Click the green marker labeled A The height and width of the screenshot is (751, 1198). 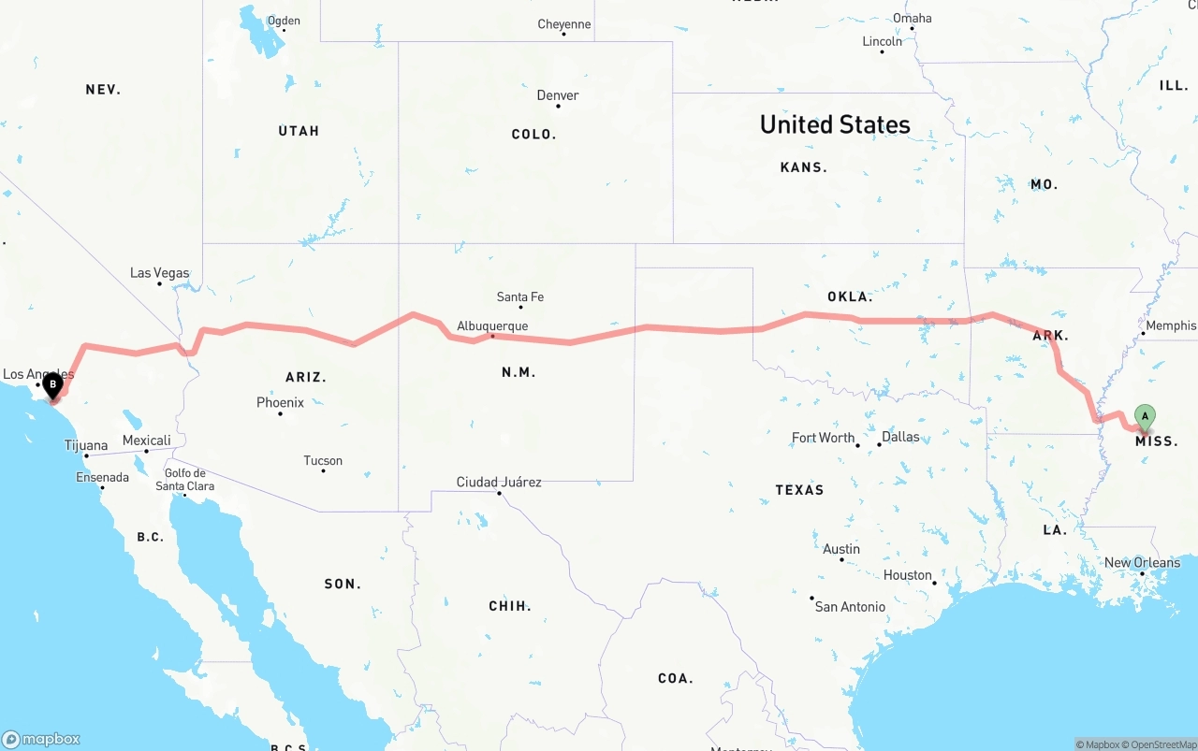(x=1144, y=417)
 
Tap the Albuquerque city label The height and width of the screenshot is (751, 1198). (x=492, y=326)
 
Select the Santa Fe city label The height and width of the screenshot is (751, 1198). (x=519, y=297)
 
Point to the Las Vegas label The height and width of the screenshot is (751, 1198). (x=159, y=273)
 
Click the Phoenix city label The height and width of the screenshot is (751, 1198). (x=280, y=403)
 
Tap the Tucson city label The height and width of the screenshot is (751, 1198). (x=323, y=461)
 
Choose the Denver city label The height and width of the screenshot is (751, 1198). (x=558, y=95)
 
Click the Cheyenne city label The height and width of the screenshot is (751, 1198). (x=563, y=24)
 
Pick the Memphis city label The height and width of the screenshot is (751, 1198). (x=1171, y=325)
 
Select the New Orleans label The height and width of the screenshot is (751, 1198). (x=1142, y=563)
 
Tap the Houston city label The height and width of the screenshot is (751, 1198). (x=907, y=575)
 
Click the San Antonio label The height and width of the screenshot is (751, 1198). (x=850, y=607)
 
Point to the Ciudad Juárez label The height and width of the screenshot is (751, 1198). (x=499, y=483)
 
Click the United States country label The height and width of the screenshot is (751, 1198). (x=835, y=124)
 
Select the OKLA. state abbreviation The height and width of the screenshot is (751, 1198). (x=849, y=297)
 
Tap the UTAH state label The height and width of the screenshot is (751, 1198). (x=299, y=131)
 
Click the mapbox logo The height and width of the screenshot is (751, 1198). (x=41, y=739)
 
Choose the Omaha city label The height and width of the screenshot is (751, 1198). (x=912, y=18)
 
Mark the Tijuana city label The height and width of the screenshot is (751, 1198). (x=86, y=446)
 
